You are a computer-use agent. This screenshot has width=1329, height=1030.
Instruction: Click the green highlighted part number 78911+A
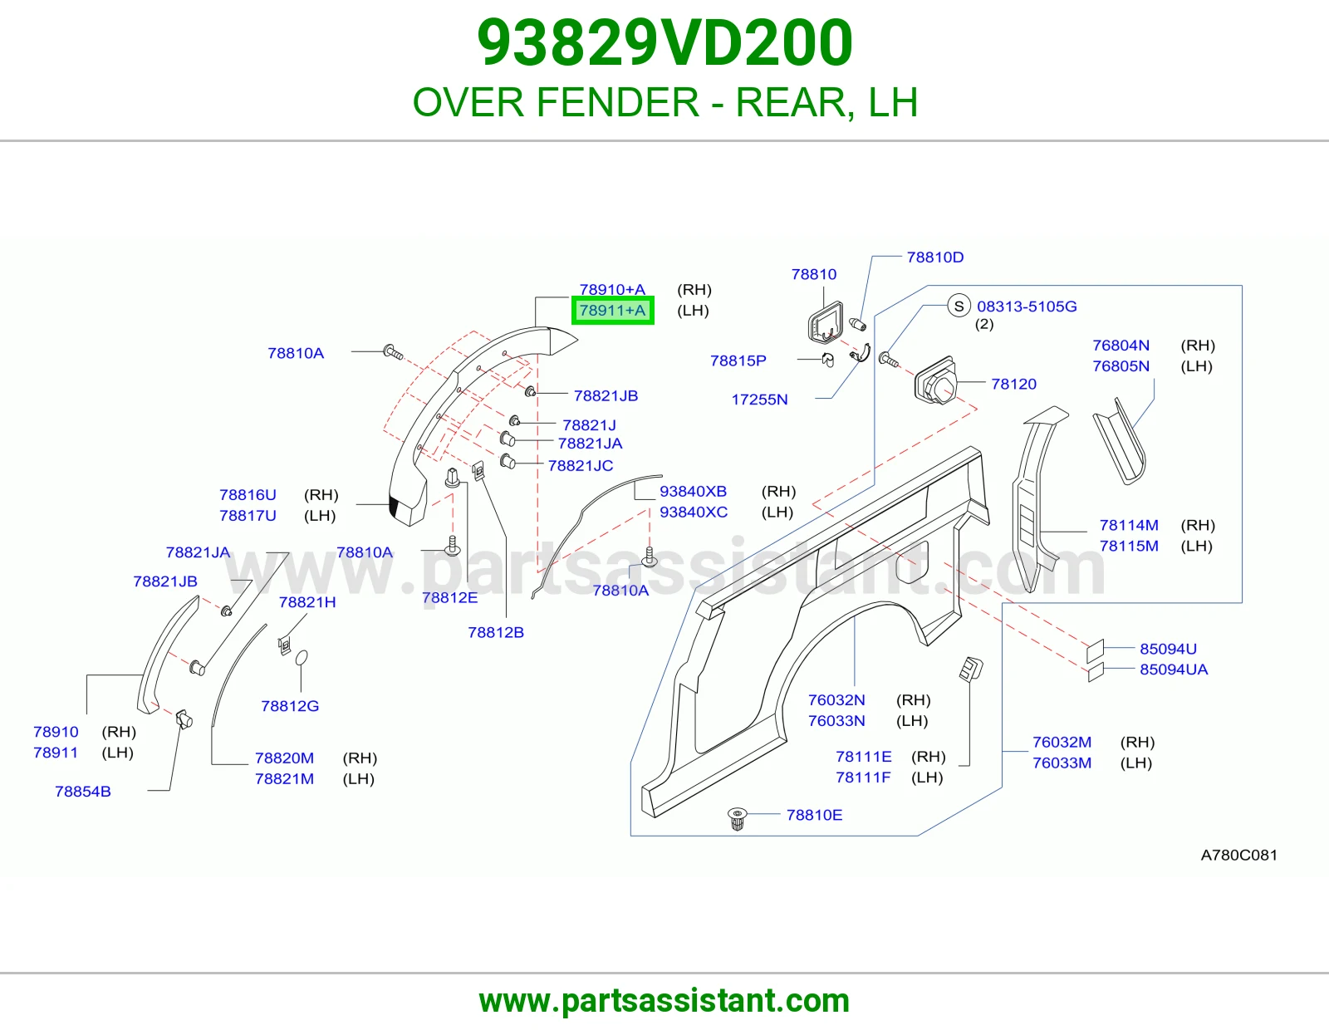[612, 310]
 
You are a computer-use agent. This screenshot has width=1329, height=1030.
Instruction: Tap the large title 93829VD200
[664, 43]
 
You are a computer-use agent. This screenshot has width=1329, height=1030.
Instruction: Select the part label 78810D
[935, 257]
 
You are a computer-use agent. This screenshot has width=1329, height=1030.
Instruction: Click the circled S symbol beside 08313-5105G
[959, 306]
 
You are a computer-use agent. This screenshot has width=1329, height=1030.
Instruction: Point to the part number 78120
[1014, 384]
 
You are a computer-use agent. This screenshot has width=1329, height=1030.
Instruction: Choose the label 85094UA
[1174, 669]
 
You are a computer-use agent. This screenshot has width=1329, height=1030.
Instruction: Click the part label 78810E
[814, 815]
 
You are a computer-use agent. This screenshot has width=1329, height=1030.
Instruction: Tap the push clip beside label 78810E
[738, 818]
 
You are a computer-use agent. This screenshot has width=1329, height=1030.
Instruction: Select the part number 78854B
[83, 792]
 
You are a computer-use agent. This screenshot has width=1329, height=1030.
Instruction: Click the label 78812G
[290, 706]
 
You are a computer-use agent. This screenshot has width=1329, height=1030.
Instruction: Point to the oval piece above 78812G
[302, 658]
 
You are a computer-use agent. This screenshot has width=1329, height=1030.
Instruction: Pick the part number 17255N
[759, 400]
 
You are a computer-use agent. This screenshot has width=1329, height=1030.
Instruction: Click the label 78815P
[738, 360]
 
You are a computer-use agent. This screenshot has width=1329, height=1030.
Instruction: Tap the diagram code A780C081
[1239, 855]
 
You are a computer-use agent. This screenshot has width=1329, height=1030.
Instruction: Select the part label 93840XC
[694, 512]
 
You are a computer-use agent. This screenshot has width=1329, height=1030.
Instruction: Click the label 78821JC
[581, 465]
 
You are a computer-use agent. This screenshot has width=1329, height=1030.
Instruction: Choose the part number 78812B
[496, 632]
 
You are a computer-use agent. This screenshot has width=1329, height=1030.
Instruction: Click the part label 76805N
[1121, 366]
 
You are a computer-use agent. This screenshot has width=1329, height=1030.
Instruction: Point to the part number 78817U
[248, 516]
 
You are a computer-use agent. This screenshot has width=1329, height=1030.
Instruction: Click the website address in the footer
[664, 1002]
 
